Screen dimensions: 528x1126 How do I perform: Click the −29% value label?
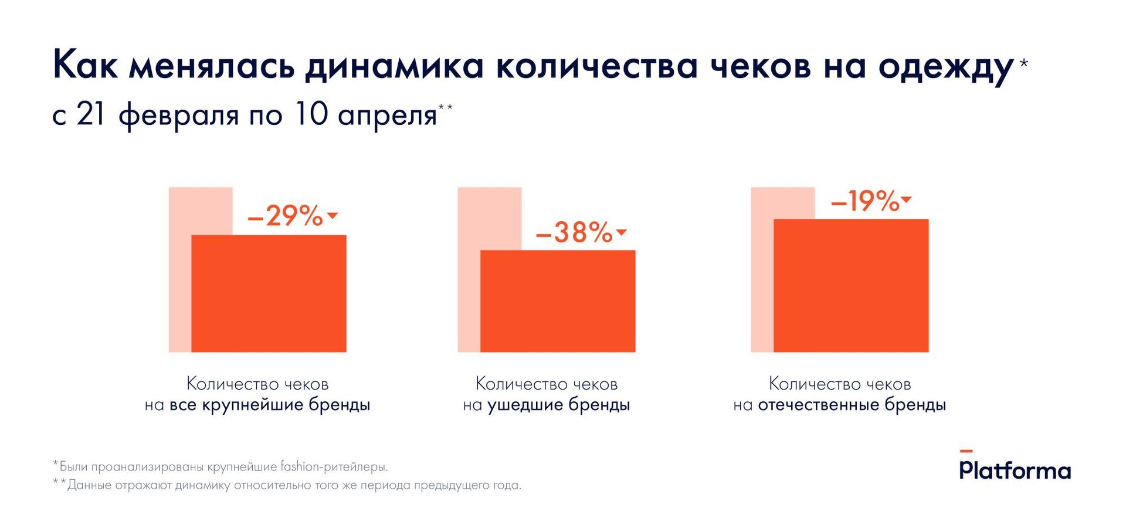(x=286, y=216)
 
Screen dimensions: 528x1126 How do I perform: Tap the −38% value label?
(x=574, y=232)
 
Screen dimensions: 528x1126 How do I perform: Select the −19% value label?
(x=865, y=201)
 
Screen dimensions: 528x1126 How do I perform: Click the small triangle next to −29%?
(x=333, y=216)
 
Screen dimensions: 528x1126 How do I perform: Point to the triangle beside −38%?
(x=622, y=232)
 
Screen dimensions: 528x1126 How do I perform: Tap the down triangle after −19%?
(x=906, y=200)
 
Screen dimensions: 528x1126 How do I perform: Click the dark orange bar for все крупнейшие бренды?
(x=269, y=293)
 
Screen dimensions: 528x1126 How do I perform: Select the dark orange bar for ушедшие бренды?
(x=558, y=301)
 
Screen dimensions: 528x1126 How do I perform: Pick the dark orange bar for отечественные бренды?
(x=851, y=285)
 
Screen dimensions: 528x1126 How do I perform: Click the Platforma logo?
(x=1015, y=471)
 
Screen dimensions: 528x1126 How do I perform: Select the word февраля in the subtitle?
(x=178, y=115)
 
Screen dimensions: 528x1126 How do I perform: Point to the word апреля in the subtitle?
(x=387, y=115)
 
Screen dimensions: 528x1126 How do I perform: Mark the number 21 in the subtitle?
(x=90, y=114)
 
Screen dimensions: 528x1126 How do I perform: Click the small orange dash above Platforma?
(x=966, y=451)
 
